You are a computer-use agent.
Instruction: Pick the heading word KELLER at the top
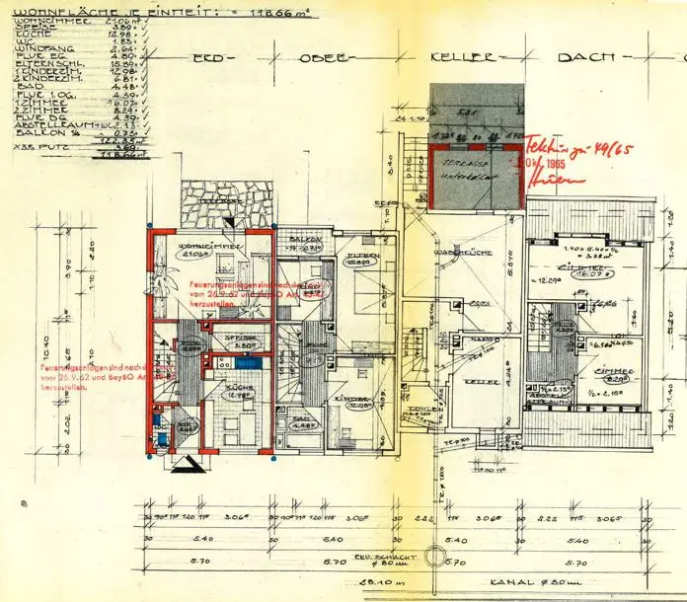(x=455, y=57)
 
